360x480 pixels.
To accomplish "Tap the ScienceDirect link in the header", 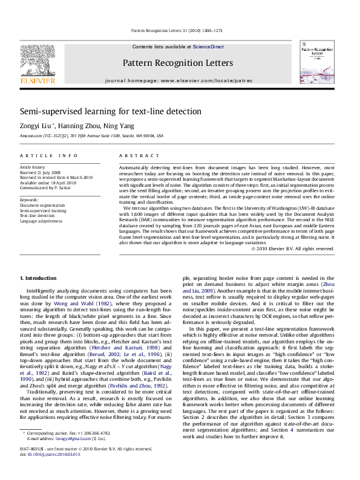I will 208,47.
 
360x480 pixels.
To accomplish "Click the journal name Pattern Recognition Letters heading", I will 177,63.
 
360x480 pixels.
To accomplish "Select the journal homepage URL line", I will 177,80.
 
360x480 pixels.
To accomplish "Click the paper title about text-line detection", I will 110,112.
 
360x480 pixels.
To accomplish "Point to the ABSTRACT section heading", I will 133,156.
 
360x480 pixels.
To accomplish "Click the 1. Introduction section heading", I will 39,277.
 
